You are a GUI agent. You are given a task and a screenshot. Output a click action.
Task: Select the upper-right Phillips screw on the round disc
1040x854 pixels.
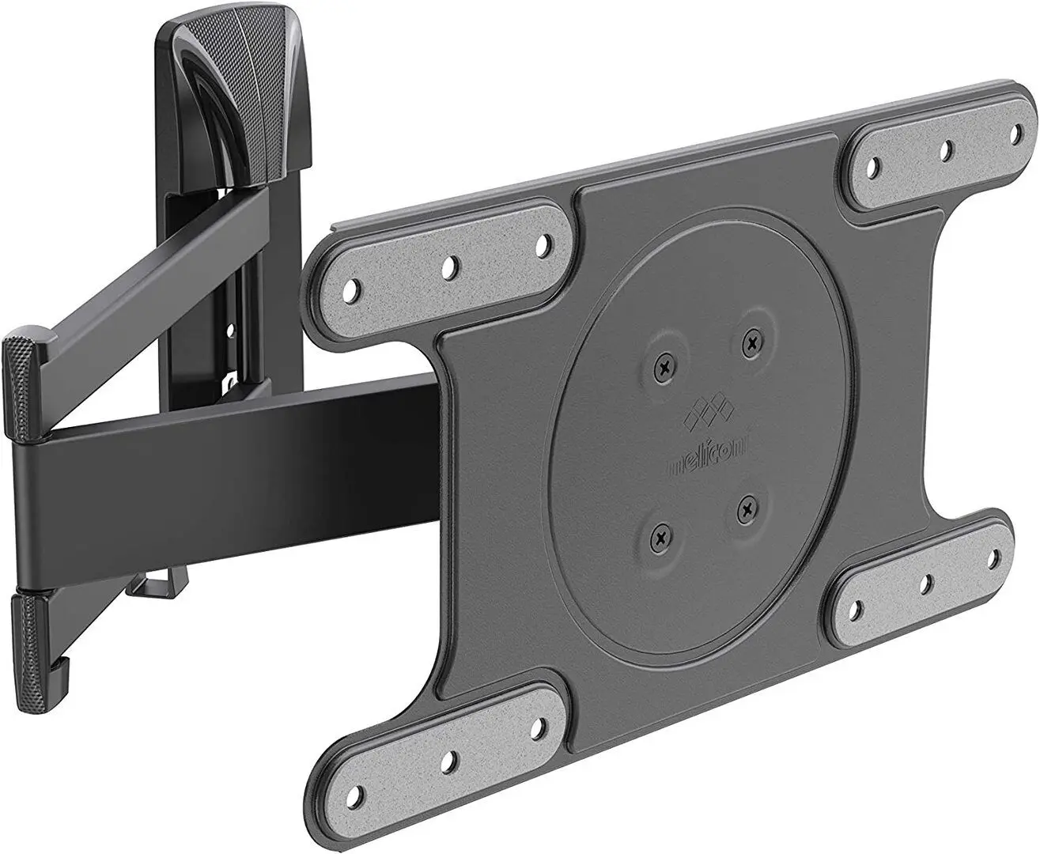[750, 342]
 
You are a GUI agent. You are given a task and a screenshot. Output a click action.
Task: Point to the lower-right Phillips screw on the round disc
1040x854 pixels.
[744, 511]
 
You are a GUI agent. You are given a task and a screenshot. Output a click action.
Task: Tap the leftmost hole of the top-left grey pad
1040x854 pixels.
[355, 285]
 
